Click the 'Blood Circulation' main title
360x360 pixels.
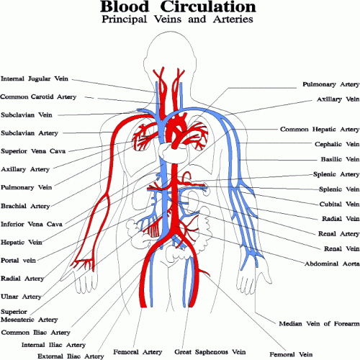tap(178, 6)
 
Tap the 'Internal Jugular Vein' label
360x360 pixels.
tap(35, 79)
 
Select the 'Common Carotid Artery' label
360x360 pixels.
tap(38, 96)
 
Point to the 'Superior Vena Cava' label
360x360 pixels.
tap(33, 151)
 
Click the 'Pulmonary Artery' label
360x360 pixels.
tap(330, 85)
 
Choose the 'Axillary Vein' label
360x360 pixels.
tap(338, 99)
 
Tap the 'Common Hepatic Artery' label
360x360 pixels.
tap(320, 130)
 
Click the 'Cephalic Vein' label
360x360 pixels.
tap(337, 144)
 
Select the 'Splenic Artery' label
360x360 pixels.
tap(336, 174)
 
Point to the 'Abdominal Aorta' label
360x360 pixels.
tap(332, 264)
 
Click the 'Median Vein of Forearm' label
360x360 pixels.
tap(319, 324)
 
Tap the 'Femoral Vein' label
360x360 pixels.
tap(291, 354)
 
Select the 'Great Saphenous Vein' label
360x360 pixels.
tap(210, 352)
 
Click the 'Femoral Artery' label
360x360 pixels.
tap(138, 352)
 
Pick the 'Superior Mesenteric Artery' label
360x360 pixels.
tap(30, 315)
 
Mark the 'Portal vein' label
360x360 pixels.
tap(18, 261)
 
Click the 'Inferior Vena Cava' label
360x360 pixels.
tap(32, 224)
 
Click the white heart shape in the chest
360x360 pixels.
tap(174, 153)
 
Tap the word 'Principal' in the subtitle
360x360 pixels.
tap(124, 19)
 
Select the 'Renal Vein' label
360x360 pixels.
tap(341, 249)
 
